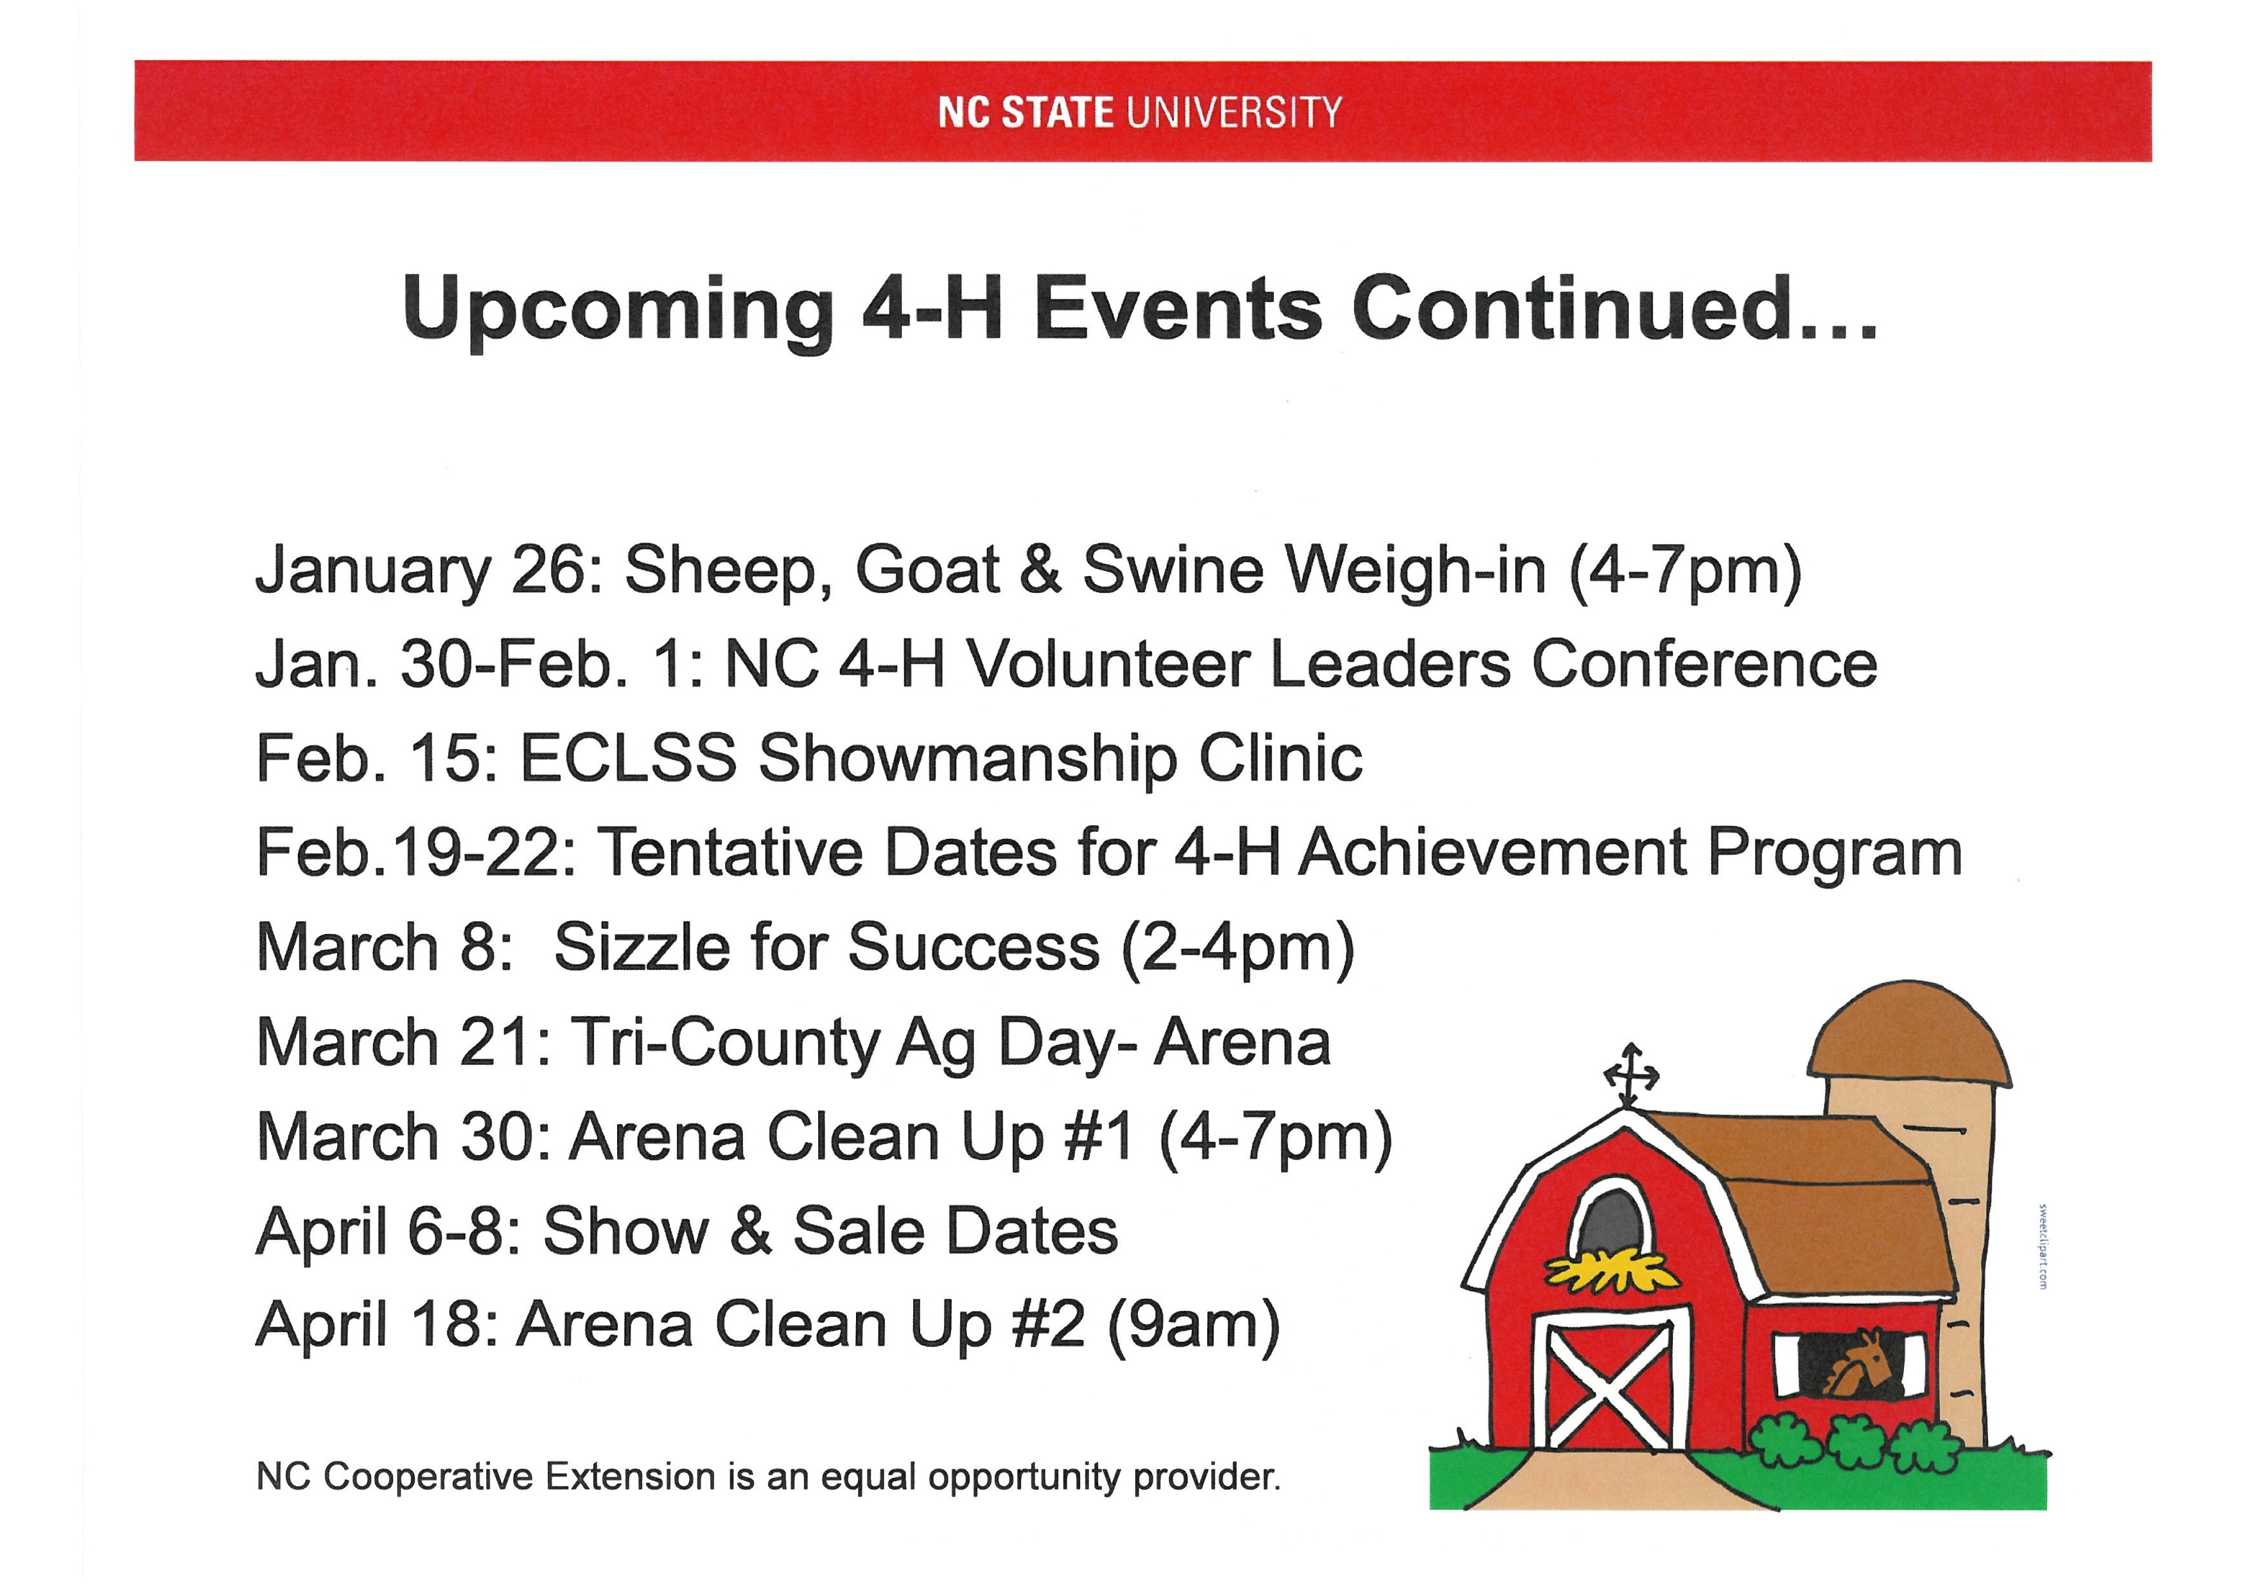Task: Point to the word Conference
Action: pyautogui.click(x=1704, y=664)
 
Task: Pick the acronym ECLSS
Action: pyautogui.click(x=628, y=758)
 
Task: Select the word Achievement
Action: pyautogui.click(x=1493, y=852)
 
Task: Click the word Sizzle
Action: pyautogui.click(x=642, y=947)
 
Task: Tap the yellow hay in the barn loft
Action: pyautogui.click(x=1609, y=1272)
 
